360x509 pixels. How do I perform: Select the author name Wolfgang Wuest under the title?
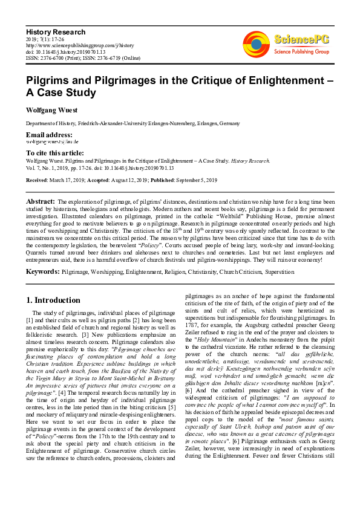point(54,111)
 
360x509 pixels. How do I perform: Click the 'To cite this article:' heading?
point(55,153)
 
